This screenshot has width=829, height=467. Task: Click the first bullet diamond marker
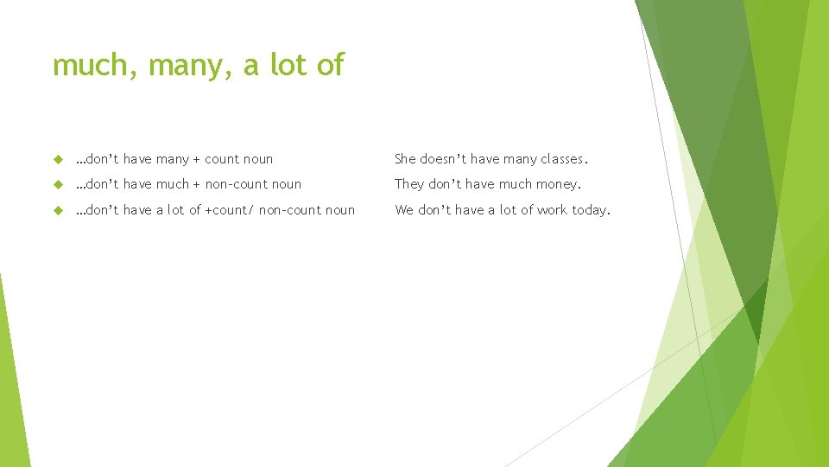click(x=59, y=159)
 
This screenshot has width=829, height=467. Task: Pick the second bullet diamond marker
click(x=59, y=184)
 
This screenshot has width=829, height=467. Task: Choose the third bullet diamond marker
click(x=59, y=210)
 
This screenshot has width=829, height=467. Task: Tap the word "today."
click(x=591, y=210)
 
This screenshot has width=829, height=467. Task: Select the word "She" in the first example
click(x=406, y=159)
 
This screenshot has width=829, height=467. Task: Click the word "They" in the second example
click(x=409, y=184)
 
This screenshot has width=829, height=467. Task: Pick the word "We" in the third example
click(x=404, y=210)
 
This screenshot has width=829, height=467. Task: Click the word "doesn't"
click(x=442, y=159)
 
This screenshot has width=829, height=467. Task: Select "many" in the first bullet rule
click(x=173, y=160)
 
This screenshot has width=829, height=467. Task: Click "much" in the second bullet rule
click(x=173, y=184)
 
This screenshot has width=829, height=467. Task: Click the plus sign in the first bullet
click(x=197, y=160)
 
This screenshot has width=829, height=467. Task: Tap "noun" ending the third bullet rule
click(x=340, y=210)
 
